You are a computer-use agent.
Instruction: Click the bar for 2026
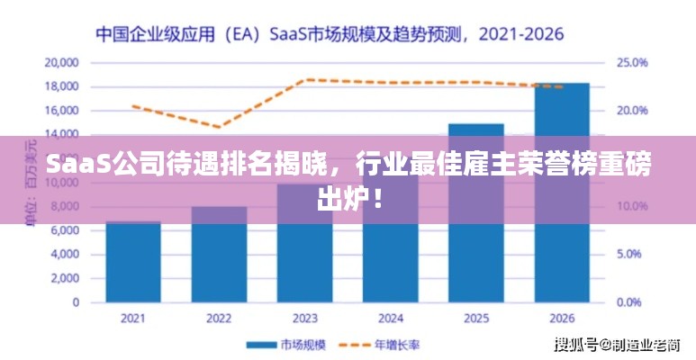point(561,193)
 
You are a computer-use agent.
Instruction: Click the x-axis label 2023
point(304,319)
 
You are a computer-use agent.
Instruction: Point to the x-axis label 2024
point(390,319)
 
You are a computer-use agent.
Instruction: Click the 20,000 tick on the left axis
point(62,63)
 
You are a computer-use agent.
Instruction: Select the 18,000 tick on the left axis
point(62,87)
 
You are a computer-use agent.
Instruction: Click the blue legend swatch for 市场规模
point(261,345)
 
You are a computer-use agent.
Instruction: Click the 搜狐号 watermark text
point(576,345)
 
